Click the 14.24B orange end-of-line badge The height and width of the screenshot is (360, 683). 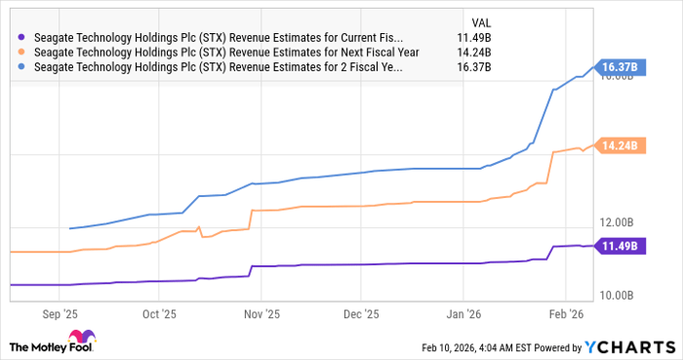[x=621, y=145]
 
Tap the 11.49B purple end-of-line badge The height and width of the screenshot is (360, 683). [x=621, y=246]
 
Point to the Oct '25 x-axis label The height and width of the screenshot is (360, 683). [x=159, y=315]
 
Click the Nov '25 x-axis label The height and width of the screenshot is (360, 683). [x=261, y=315]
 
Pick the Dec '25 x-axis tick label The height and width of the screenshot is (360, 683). [x=360, y=315]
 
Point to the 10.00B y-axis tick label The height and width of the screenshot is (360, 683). [x=619, y=295]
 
